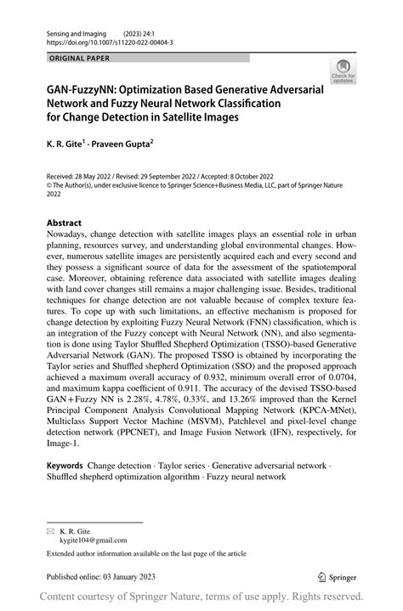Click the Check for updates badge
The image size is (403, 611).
tap(343, 71)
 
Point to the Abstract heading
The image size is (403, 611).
tap(64, 223)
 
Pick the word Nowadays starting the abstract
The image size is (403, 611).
tap(73, 237)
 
